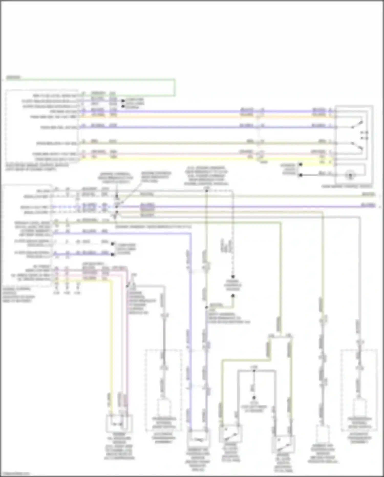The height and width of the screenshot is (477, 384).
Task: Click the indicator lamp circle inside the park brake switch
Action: [x=350, y=176]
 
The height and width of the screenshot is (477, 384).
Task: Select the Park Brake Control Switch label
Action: [x=347, y=186]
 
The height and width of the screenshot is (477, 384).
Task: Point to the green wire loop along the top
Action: [x=102, y=80]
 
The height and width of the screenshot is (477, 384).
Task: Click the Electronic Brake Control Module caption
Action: [x=37, y=167]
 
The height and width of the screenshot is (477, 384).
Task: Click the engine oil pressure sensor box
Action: [x=119, y=423]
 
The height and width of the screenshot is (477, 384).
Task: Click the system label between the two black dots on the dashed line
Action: [x=233, y=286]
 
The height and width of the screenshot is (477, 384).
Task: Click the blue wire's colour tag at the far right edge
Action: [x=368, y=205]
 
